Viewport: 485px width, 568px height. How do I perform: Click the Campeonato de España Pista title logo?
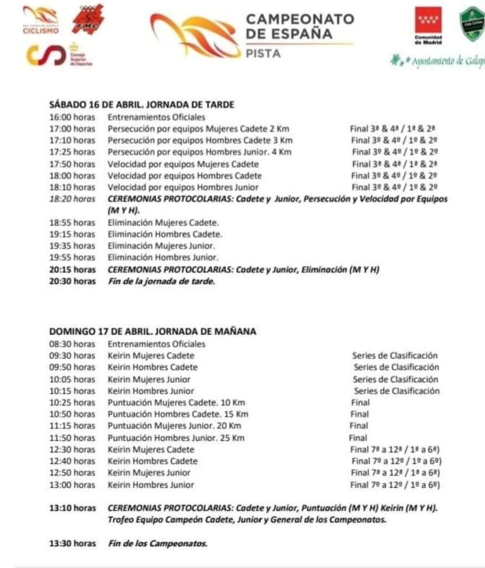click(252, 35)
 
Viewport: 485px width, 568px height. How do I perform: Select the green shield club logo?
click(472, 26)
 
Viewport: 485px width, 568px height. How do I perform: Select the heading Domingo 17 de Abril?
click(153, 332)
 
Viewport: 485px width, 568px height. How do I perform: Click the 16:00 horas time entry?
click(72, 118)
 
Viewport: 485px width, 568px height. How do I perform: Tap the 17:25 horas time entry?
click(72, 152)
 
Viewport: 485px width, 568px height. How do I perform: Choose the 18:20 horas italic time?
click(72, 199)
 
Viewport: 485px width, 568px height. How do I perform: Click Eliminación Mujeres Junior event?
click(161, 245)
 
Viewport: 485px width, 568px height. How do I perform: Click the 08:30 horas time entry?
click(72, 344)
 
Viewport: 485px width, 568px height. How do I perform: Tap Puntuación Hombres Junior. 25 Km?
click(176, 438)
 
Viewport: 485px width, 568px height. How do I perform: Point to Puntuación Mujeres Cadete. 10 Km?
click(176, 403)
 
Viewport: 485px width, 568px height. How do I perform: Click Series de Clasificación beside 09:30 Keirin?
click(395, 356)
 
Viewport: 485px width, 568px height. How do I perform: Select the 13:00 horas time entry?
click(72, 485)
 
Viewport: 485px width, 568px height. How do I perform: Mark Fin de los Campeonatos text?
click(157, 544)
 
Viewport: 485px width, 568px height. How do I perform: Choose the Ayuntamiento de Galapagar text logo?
click(438, 59)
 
